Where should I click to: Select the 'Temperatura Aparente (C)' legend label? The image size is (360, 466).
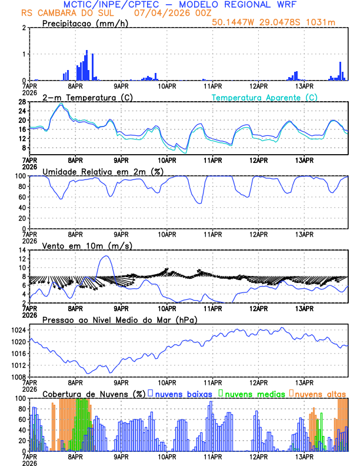coord(265,97)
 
